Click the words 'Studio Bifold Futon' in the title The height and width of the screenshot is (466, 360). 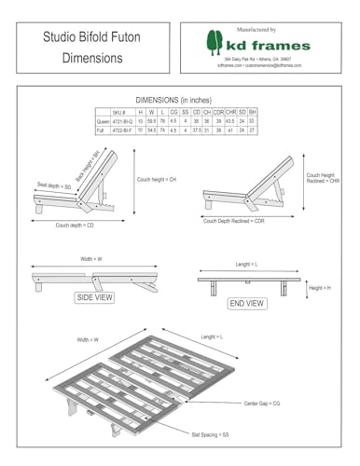pyautogui.click(x=79, y=38)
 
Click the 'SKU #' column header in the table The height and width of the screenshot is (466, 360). pyautogui.click(x=118, y=111)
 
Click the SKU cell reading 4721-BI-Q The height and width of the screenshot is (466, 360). pyautogui.click(x=123, y=121)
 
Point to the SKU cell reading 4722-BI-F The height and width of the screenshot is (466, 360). pyautogui.click(x=123, y=130)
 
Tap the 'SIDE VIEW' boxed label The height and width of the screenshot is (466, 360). pyautogui.click(x=93, y=298)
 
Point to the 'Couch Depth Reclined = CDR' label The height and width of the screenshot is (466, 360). pyautogui.click(x=234, y=221)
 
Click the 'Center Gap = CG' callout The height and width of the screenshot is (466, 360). pyautogui.click(x=264, y=402)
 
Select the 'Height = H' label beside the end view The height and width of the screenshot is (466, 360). pyautogui.click(x=319, y=288)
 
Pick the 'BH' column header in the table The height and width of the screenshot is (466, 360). pyautogui.click(x=253, y=111)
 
